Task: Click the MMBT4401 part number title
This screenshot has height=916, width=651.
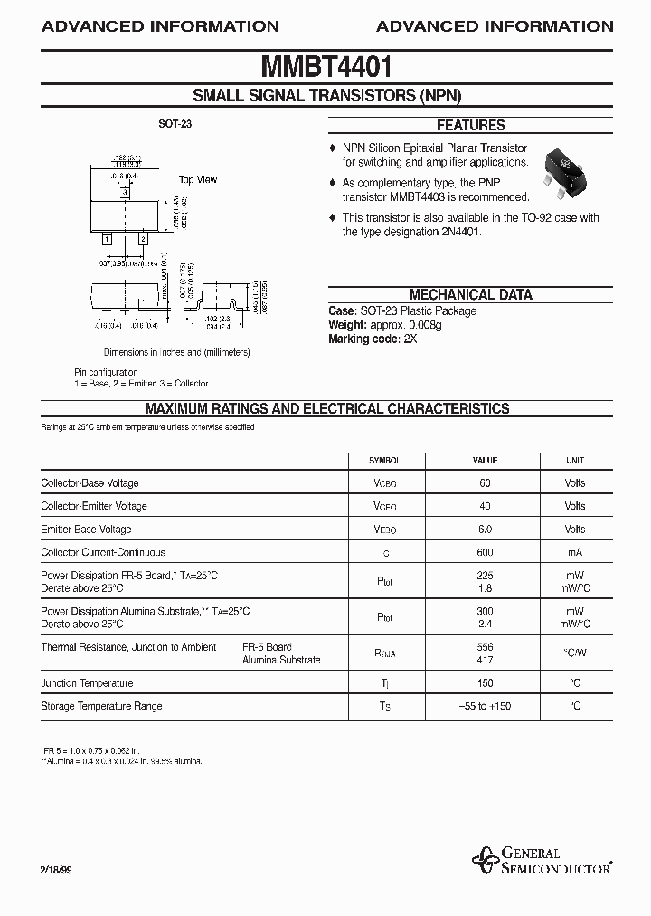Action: (325, 67)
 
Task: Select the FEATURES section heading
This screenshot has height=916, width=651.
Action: (470, 126)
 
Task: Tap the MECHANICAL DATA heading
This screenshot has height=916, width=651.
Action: (470, 294)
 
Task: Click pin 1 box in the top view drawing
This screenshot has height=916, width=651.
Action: (107, 238)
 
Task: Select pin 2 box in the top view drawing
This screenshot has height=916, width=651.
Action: (143, 238)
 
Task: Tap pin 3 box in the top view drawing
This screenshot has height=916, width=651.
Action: (125, 192)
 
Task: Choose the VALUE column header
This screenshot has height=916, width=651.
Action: (486, 461)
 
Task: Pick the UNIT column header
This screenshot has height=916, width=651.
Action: (575, 461)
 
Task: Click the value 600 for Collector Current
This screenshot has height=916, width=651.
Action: (486, 552)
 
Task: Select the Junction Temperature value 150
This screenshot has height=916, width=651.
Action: (486, 683)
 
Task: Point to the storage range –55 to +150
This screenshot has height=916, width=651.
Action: (486, 706)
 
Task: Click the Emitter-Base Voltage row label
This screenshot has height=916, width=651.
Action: (86, 530)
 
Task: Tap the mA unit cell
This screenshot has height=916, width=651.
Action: (575, 552)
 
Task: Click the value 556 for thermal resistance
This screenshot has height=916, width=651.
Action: (486, 647)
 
